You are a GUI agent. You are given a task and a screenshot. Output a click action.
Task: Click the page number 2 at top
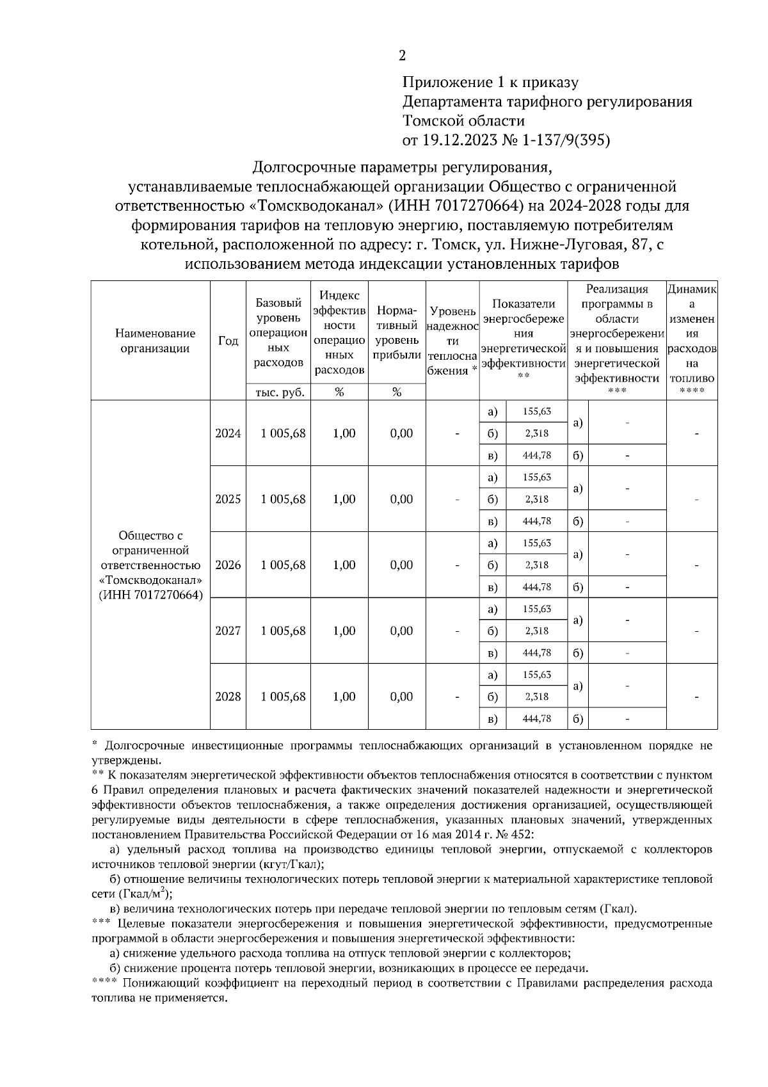402,56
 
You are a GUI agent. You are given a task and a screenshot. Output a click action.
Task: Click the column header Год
228,341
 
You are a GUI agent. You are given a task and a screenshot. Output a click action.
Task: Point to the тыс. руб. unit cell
278,392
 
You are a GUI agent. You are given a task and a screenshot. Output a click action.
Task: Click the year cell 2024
228,433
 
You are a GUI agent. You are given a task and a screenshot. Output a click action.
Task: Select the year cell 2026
228,565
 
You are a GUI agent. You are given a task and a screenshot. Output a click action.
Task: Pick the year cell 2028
228,697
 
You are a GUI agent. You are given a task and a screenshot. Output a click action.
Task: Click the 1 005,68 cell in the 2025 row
283,499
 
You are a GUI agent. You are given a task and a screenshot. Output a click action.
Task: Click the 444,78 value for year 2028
536,719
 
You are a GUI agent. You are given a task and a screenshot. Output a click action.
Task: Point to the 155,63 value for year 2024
536,412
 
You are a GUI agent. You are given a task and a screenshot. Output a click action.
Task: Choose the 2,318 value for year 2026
536,565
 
